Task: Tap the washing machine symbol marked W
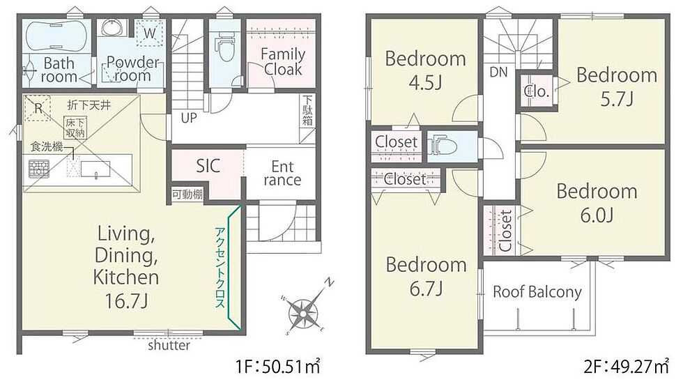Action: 149,33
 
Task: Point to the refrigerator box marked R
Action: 38,107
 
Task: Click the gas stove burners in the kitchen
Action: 39,169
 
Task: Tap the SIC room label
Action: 208,166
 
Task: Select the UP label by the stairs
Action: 189,118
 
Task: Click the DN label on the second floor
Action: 499,72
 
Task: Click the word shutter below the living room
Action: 169,346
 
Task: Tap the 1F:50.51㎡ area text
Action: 278,367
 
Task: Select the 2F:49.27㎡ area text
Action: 626,367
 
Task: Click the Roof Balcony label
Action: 537,291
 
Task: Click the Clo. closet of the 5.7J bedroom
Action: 536,91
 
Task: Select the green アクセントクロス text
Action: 220,268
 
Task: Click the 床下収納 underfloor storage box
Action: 75,128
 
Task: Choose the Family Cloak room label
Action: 283,61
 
